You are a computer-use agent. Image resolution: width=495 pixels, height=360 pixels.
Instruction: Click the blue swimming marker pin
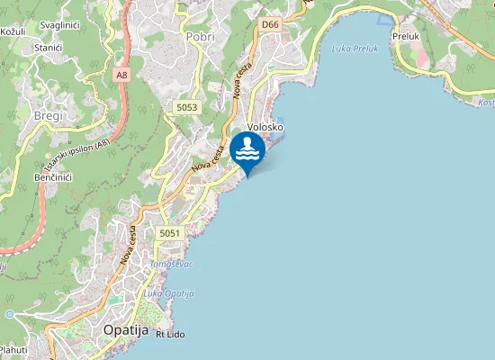(x=247, y=151)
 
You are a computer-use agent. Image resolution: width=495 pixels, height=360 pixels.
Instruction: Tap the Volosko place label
(x=265, y=128)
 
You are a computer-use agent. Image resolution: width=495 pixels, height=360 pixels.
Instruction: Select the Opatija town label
(x=125, y=329)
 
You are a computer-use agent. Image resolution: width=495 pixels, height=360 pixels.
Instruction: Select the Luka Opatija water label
(x=168, y=293)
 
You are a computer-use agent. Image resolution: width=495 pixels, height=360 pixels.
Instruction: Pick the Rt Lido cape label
(x=171, y=334)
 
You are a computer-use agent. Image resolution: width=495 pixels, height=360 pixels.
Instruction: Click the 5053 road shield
(x=186, y=107)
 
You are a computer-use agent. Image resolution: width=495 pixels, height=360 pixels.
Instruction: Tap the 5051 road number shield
(x=170, y=233)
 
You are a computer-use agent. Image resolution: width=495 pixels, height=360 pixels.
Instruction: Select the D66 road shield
(x=271, y=24)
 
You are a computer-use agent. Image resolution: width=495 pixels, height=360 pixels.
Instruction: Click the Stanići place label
(x=47, y=47)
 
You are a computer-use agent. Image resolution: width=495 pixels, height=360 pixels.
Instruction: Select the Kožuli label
(x=13, y=31)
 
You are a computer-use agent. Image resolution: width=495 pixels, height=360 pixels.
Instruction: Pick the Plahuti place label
(x=13, y=350)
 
